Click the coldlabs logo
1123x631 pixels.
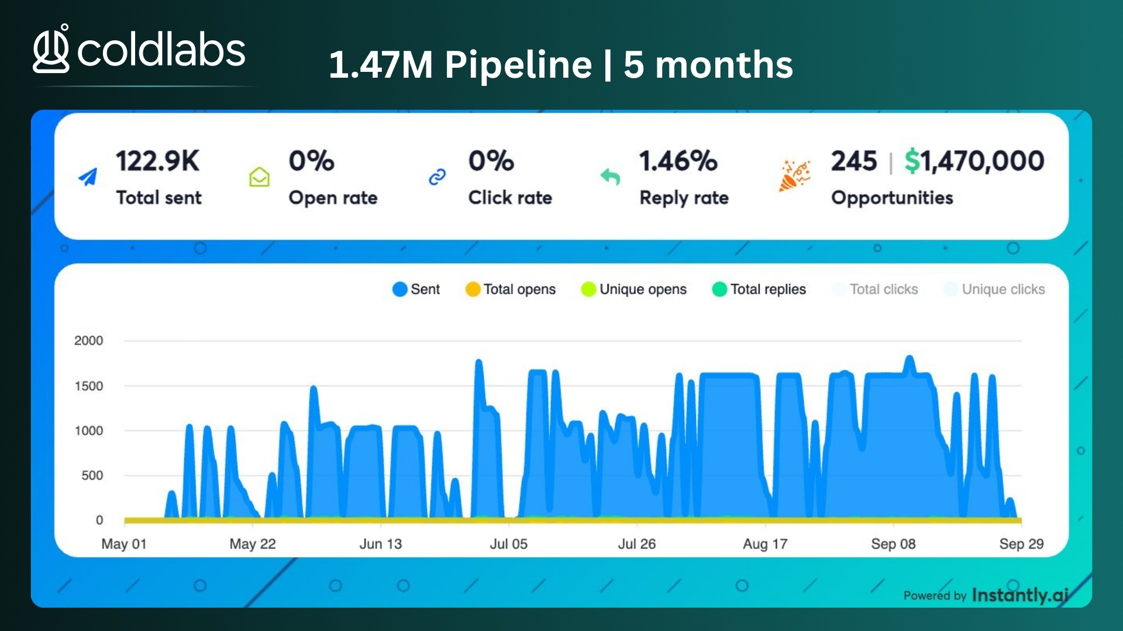(x=139, y=49)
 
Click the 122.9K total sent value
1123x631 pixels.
(x=157, y=161)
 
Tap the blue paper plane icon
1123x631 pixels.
(x=88, y=176)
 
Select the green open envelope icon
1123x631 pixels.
(x=259, y=176)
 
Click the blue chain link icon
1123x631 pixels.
(x=438, y=176)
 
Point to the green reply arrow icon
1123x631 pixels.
(x=610, y=176)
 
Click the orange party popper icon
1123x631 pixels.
(x=794, y=176)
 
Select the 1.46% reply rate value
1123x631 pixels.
(x=678, y=161)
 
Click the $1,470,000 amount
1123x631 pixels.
(x=974, y=161)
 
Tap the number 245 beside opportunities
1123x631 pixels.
(x=854, y=161)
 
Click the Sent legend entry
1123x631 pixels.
(x=416, y=289)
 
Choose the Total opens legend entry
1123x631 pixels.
(x=511, y=289)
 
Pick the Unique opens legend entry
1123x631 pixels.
(x=634, y=289)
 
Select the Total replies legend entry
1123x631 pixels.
(x=759, y=289)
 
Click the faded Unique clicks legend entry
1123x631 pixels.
(x=995, y=289)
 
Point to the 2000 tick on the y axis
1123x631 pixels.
(x=88, y=341)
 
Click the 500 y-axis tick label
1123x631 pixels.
(x=92, y=476)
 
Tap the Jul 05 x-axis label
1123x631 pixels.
(x=508, y=544)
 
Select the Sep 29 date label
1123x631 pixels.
(x=1021, y=544)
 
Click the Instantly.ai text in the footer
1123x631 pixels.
(x=1020, y=595)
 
